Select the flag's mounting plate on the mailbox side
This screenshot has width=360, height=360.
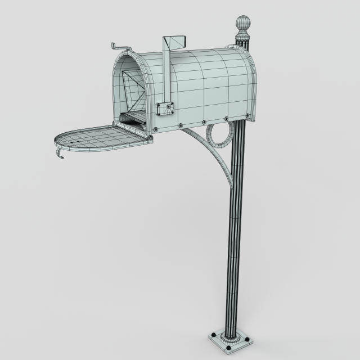point(164,108)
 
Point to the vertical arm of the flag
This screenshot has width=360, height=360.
point(166,73)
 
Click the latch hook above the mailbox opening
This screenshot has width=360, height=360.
point(119,46)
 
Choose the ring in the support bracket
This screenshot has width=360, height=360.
point(220,135)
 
